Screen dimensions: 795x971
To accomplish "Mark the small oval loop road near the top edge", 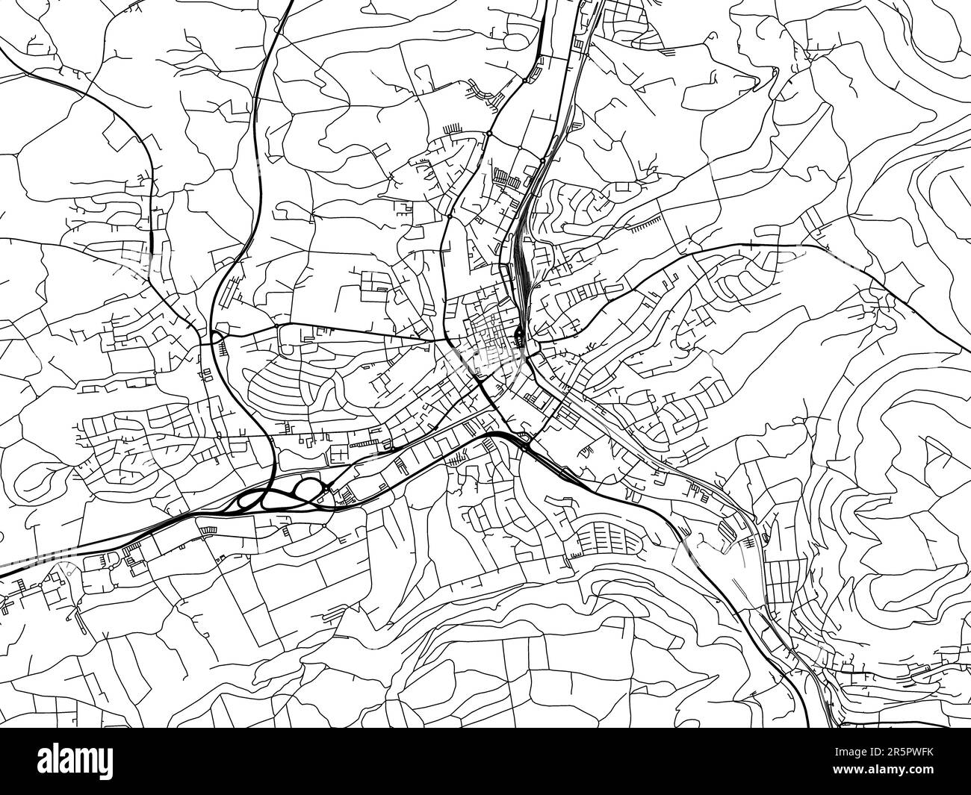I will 424,76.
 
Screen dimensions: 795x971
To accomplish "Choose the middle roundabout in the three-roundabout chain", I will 520,149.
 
